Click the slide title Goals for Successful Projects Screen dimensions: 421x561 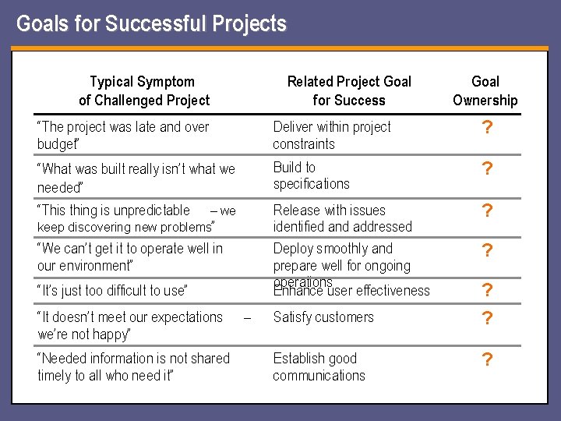point(151,24)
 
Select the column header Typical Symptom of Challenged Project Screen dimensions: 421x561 point(144,90)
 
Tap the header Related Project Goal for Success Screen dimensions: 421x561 point(349,90)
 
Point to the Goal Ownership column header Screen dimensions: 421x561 point(485,90)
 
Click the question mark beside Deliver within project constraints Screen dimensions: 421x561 point(486,128)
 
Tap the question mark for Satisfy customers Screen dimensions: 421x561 point(486,319)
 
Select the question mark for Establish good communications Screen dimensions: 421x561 point(486,360)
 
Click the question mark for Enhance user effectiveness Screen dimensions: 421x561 point(486,291)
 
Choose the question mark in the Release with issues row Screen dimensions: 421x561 point(486,211)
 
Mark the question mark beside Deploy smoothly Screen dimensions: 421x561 point(486,251)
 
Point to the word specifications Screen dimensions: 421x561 point(311,184)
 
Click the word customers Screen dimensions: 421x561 point(346,317)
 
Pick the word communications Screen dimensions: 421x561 point(319,376)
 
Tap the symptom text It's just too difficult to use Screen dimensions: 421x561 point(113,291)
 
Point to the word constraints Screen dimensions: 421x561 point(304,144)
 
